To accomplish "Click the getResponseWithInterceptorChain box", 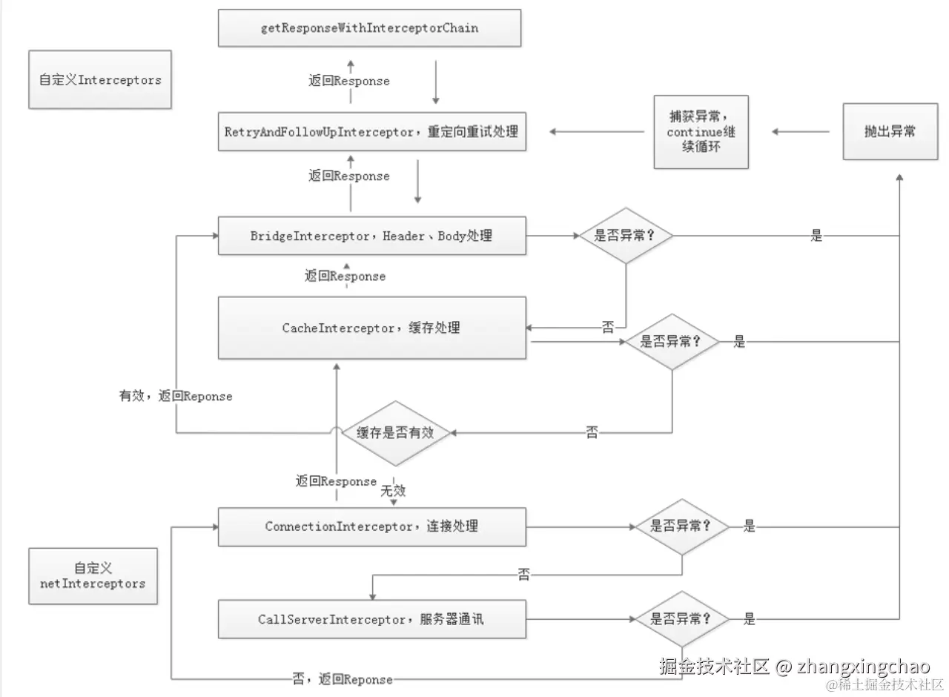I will point(369,28).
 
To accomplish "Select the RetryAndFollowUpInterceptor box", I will point(372,131).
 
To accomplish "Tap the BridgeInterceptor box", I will point(372,236).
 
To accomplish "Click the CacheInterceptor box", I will point(372,328).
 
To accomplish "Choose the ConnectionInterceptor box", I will point(372,526).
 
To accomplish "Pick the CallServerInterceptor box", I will point(372,619).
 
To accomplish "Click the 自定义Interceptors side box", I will point(100,80).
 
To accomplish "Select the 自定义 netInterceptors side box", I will point(93,576).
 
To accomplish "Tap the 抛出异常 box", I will point(890,131).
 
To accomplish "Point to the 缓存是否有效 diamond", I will point(395,433).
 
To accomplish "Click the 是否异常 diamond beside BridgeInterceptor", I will point(626,236).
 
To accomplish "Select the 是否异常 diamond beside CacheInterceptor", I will point(671,342).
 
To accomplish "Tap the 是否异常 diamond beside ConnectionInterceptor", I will point(681,526).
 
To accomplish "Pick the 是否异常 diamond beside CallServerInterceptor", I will point(681,619).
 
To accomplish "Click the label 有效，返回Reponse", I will point(176,397).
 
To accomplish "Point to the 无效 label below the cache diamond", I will point(393,491).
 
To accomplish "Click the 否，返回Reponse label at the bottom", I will point(342,679).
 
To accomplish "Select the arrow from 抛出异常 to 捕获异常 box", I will point(801,132).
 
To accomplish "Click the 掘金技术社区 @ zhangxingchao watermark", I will point(794,666).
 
